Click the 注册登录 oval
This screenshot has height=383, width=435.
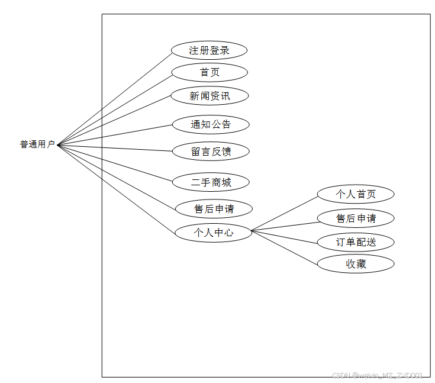tap(209, 50)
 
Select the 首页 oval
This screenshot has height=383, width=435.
tap(209, 72)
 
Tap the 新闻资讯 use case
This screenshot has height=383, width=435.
tap(210, 96)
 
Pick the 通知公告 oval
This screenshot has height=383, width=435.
tap(211, 124)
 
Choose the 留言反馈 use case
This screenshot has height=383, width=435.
tap(211, 152)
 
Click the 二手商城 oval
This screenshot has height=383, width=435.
tap(211, 182)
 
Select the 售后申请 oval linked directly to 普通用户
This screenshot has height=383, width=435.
tap(214, 208)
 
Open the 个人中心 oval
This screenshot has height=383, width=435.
tap(213, 233)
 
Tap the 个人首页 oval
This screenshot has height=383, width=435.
tap(356, 194)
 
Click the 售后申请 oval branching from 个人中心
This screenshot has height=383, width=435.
tap(356, 218)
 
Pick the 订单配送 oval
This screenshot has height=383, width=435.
tap(356, 242)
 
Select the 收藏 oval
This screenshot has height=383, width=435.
tap(356, 264)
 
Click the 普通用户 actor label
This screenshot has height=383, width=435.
tap(37, 144)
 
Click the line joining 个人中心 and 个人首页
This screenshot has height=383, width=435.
tap(285, 213)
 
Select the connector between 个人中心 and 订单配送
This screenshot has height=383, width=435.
tap(285, 236)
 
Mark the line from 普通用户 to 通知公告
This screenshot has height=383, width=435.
tap(115, 134)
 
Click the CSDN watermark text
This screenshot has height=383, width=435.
tap(378, 375)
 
